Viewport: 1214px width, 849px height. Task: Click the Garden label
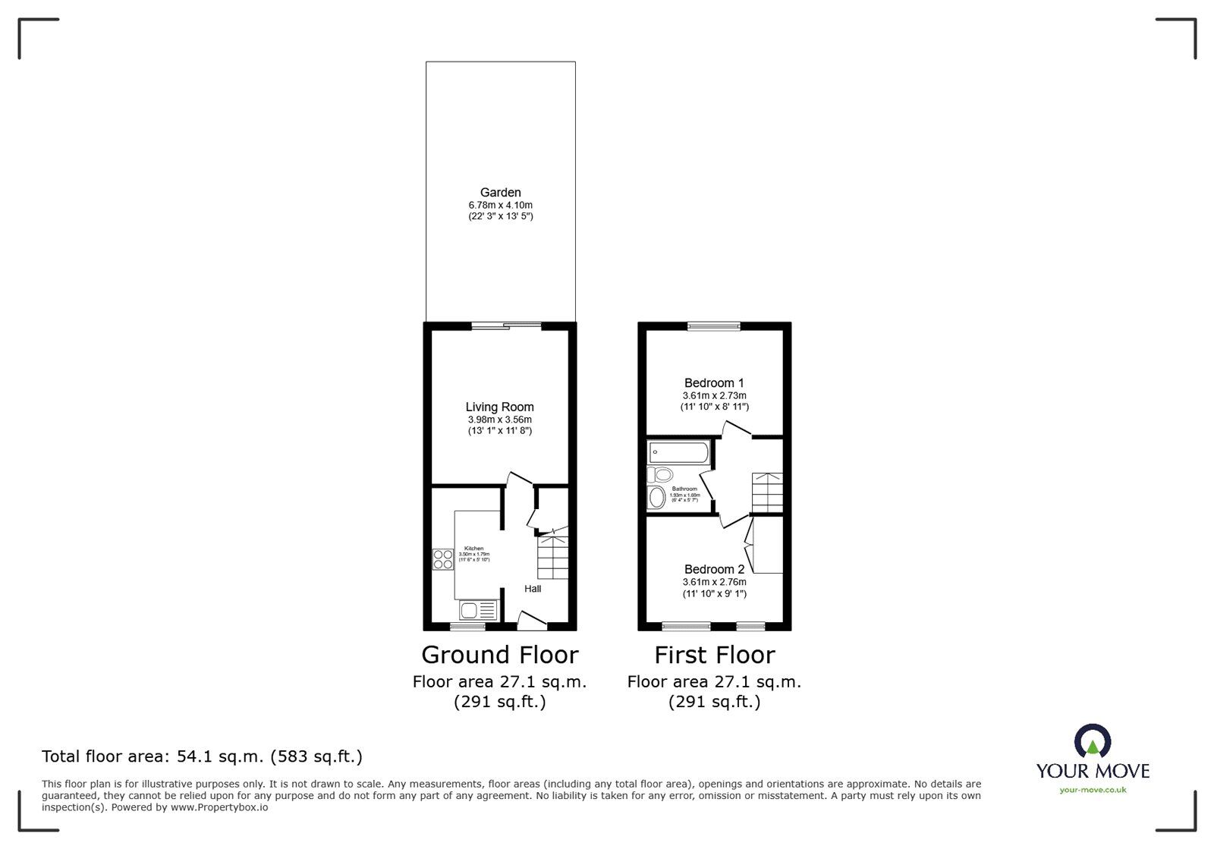pos(500,193)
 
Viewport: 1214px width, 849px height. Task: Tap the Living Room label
pos(500,407)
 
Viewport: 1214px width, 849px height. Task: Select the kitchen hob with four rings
pos(443,559)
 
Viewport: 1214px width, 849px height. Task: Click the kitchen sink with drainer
pos(478,610)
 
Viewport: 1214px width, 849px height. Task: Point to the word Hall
pos(533,589)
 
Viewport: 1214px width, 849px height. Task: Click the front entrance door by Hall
pos(530,621)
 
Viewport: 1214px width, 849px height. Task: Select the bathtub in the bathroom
pos(678,454)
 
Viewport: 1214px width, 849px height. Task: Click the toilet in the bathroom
pos(660,476)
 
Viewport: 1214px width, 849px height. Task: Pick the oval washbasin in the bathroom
pos(657,498)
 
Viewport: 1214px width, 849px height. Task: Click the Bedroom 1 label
pos(714,383)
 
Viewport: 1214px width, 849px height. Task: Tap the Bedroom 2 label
pos(714,570)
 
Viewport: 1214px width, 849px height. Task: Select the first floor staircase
pos(767,492)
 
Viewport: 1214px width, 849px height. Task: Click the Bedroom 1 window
pos(714,327)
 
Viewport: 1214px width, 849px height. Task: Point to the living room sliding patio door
pos(506,327)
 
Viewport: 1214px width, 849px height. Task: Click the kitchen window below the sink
pos(467,627)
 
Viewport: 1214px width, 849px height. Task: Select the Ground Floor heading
pos(499,655)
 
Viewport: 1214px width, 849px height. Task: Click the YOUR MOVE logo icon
pos(1093,743)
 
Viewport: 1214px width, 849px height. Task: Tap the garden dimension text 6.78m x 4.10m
pos(500,206)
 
